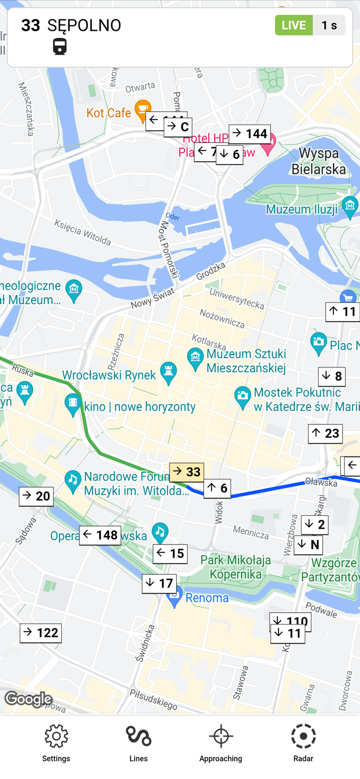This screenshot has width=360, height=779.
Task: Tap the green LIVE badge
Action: point(294,25)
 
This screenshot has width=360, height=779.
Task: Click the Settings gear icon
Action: point(56,736)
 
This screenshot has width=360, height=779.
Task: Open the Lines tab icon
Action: point(138,736)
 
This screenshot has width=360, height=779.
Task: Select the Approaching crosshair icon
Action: point(221,736)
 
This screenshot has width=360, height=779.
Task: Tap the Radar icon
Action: point(303,736)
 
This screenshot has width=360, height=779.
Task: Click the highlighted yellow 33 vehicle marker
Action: point(186,472)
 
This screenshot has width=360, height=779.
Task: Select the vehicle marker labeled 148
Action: point(100,535)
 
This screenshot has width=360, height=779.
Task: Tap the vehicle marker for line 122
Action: point(41,633)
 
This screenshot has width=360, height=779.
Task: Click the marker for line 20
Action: point(36,496)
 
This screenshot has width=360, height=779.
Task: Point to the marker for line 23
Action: point(325,434)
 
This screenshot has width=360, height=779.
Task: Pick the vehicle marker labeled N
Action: point(309,545)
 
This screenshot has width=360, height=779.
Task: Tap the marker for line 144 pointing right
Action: point(249,134)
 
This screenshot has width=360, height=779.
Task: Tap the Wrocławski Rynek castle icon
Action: point(168,372)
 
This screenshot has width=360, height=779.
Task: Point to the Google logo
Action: point(29,699)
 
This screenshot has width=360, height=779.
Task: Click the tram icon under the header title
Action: point(60,46)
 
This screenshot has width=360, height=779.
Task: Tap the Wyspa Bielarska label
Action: point(318,161)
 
